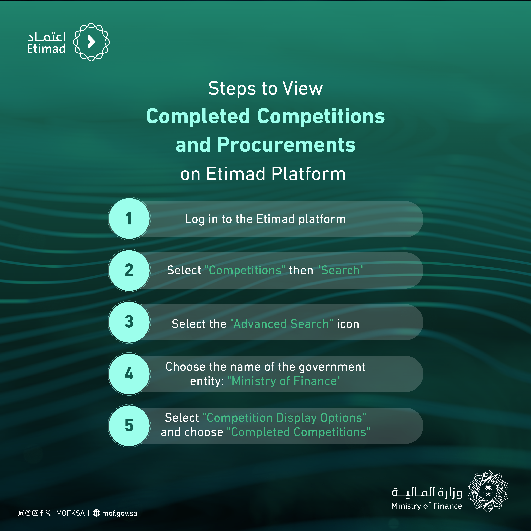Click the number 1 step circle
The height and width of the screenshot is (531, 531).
click(x=129, y=219)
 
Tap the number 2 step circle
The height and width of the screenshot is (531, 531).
click(x=129, y=270)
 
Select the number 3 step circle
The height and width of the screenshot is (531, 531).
click(x=129, y=322)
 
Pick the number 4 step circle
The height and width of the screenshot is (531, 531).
click(x=129, y=374)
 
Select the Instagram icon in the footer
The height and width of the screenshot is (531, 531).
click(x=35, y=513)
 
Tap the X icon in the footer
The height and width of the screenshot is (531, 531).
click(x=48, y=513)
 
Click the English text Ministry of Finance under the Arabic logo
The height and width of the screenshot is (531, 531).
click(x=427, y=506)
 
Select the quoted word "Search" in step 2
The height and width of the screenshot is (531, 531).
click(x=340, y=270)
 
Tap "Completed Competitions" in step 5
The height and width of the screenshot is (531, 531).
click(x=299, y=432)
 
